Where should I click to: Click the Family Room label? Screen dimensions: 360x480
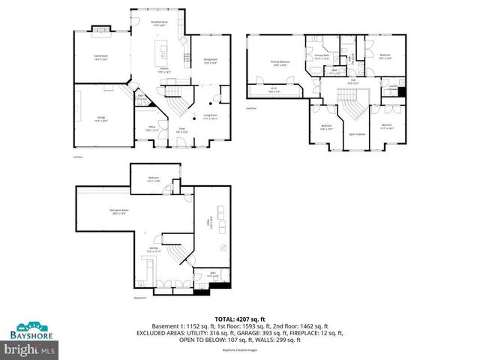click(x=100, y=58)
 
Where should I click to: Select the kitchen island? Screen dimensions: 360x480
click(x=160, y=52)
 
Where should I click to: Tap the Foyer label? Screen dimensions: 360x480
click(x=182, y=131)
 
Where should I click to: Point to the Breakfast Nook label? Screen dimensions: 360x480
click(x=160, y=24)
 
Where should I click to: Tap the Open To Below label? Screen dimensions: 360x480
click(x=357, y=134)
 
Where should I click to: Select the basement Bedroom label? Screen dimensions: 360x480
click(x=153, y=179)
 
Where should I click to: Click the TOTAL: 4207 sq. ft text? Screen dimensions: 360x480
click(x=239, y=319)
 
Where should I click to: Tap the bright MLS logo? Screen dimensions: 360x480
click(x=30, y=349)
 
